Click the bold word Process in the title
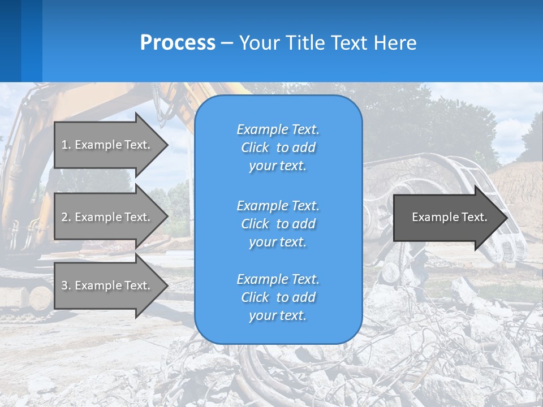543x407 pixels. click(x=178, y=43)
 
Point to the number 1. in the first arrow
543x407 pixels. click(x=66, y=145)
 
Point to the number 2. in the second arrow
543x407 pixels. click(x=66, y=217)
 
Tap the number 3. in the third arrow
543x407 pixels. click(x=66, y=285)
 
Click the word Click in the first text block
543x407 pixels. click(x=255, y=148)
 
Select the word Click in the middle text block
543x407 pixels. click(x=255, y=224)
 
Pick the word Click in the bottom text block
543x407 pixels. click(x=255, y=297)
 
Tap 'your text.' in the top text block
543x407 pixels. click(x=278, y=166)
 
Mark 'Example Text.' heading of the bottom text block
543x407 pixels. click(x=278, y=279)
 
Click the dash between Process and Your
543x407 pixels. click(x=227, y=43)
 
